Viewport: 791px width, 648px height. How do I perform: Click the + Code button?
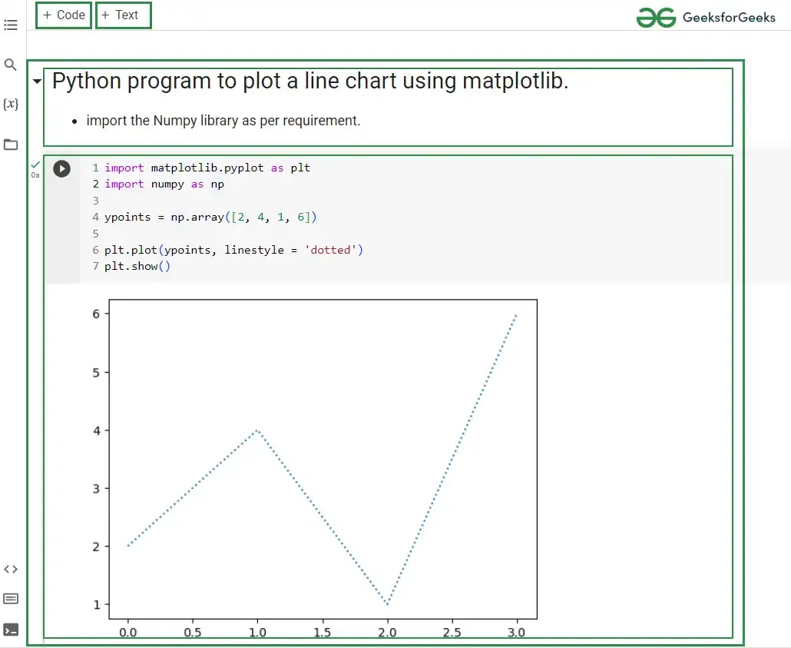click(x=64, y=15)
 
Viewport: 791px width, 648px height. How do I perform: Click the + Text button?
click(x=123, y=15)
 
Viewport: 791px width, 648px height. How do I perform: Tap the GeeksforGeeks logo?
click(x=706, y=18)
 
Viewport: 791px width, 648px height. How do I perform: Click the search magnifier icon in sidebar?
click(x=10, y=65)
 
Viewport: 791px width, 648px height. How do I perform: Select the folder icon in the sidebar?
click(x=11, y=145)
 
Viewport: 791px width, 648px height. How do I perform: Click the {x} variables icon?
click(x=11, y=104)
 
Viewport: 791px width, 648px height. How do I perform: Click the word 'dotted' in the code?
click(x=330, y=250)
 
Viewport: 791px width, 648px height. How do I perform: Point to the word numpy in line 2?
click(x=167, y=184)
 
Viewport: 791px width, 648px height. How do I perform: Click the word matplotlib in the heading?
click(x=515, y=81)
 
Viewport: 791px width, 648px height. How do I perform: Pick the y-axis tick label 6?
click(x=96, y=314)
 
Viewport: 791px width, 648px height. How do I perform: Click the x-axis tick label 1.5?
click(x=323, y=633)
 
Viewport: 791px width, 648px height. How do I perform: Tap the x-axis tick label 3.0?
click(x=516, y=633)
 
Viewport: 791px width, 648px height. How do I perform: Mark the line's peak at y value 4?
click(x=257, y=430)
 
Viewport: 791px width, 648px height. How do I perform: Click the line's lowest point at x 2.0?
click(x=387, y=603)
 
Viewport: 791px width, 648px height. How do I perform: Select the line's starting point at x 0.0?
click(x=128, y=546)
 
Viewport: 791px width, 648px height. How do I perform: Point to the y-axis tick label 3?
click(x=96, y=489)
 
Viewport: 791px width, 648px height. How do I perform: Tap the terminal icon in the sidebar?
click(x=11, y=630)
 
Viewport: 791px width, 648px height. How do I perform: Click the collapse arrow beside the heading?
click(x=37, y=81)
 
